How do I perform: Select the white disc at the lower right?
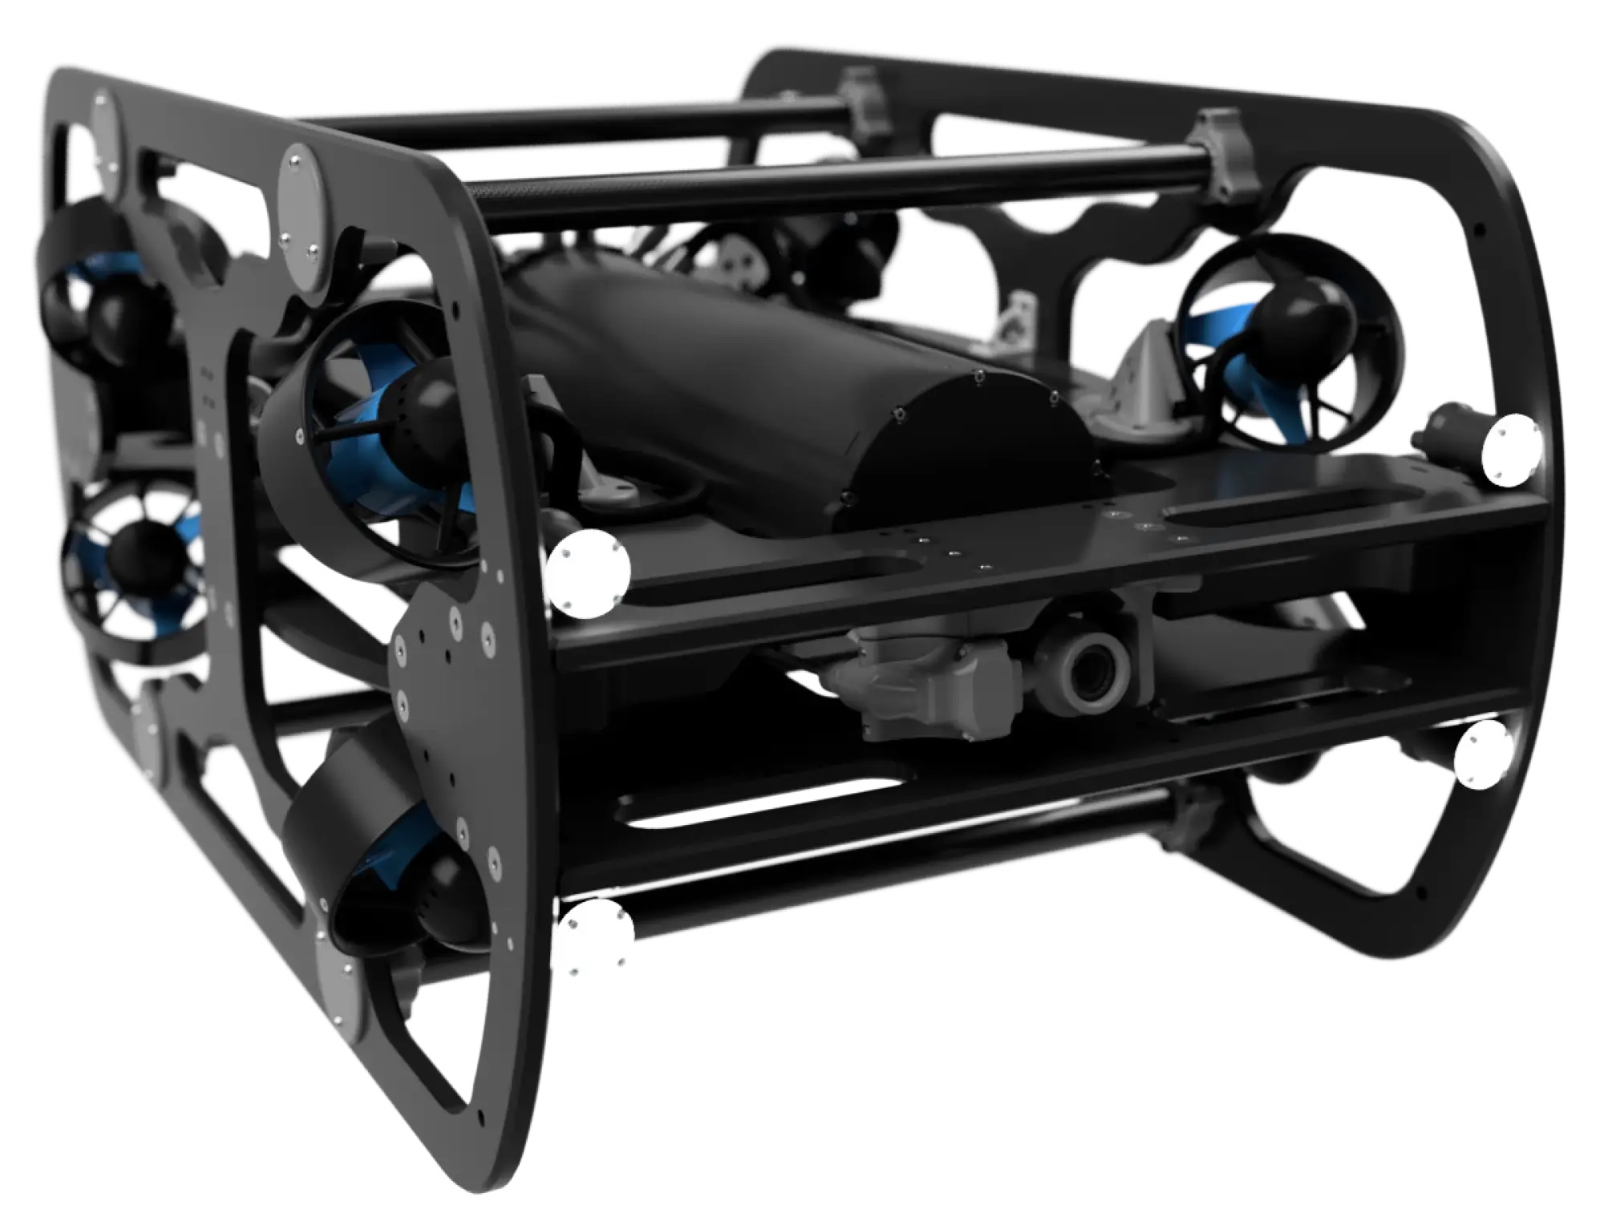click(x=1483, y=754)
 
